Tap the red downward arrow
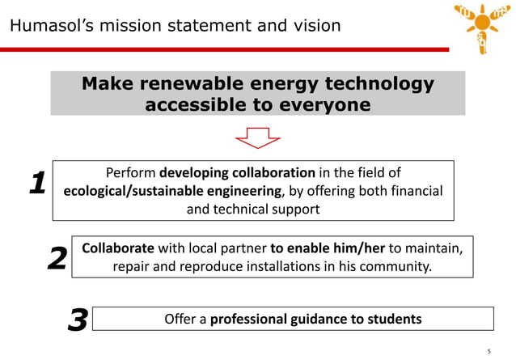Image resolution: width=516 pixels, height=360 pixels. pos(257,138)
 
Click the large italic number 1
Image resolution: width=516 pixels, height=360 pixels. pos(36,184)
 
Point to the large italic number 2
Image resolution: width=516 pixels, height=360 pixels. pos(57,259)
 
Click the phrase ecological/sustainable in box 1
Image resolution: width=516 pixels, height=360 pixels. pos(131,191)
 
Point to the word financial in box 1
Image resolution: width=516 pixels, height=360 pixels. pos(413,191)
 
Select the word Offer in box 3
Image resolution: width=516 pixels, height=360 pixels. pos(180,319)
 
